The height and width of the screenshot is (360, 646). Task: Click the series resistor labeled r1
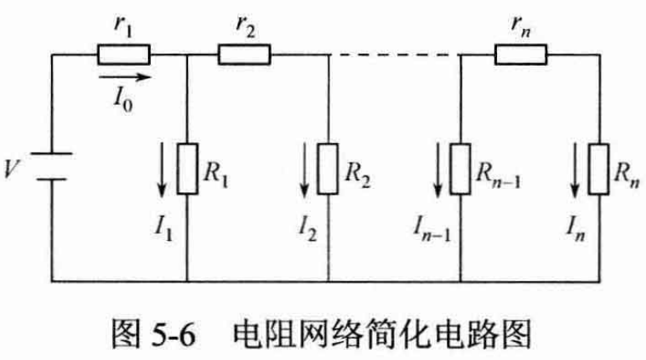pyautogui.click(x=124, y=55)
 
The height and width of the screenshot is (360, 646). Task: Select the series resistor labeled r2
pyautogui.click(x=244, y=55)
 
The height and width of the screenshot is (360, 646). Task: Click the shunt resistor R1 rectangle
pyautogui.click(x=187, y=169)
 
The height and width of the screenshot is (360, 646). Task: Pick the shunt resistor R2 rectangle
pyautogui.click(x=329, y=169)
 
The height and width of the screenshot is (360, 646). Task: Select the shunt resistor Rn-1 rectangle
pyautogui.click(x=460, y=169)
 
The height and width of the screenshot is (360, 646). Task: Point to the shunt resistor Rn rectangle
pyautogui.click(x=601, y=169)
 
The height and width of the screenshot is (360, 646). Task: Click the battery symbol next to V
pyautogui.click(x=53, y=167)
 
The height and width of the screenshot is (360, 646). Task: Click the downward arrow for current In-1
pyautogui.click(x=435, y=170)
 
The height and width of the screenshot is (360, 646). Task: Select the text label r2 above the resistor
pyautogui.click(x=246, y=26)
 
